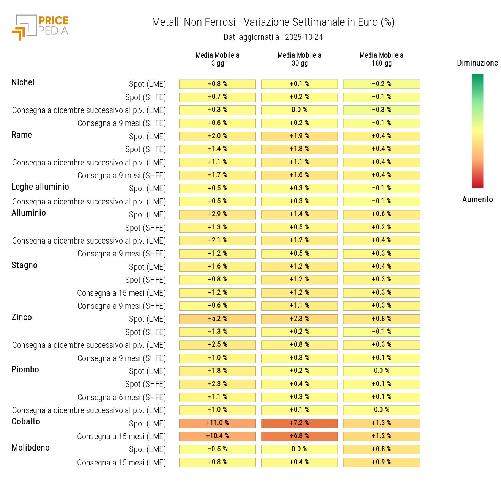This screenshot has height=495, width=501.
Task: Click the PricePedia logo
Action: (40, 27)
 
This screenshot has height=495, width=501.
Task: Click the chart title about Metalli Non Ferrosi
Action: (273, 22)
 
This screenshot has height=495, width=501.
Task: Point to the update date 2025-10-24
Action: (304, 37)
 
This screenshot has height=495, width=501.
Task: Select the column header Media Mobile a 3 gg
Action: (217, 59)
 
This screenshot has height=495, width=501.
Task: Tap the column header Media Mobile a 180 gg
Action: (381, 59)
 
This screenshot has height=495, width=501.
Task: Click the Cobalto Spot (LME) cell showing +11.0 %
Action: (217, 423)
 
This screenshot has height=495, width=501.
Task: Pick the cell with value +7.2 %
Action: (299, 423)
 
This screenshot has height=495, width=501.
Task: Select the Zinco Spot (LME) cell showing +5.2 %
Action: (217, 319)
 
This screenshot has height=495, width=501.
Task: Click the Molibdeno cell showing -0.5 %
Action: (217, 449)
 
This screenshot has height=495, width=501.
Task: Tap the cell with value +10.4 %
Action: (217, 436)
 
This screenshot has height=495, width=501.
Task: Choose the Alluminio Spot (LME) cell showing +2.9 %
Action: (217, 214)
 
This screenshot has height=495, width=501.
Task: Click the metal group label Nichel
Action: (23, 83)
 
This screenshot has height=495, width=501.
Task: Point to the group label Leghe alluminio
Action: (40, 187)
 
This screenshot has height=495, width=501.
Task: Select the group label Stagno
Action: (24, 266)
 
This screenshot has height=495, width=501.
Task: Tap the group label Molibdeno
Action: (30, 448)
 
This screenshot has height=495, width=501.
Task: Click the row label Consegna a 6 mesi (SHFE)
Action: (121, 398)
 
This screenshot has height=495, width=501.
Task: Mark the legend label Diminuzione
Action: (477, 63)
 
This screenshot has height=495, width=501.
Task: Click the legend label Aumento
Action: (477, 200)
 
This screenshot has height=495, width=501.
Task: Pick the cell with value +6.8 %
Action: (299, 436)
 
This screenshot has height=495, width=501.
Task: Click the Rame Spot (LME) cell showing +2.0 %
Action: (217, 136)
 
